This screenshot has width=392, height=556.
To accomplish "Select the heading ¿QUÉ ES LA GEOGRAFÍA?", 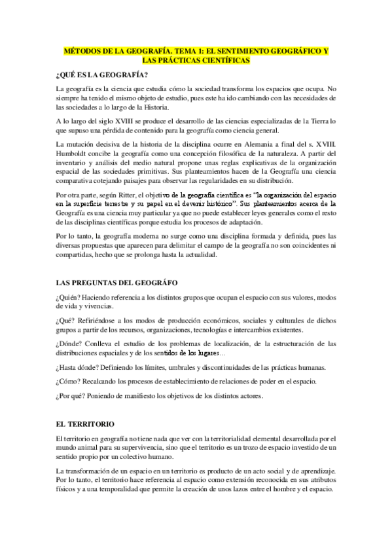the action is click(102, 74).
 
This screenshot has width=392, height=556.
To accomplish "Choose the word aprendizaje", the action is click(312, 471).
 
